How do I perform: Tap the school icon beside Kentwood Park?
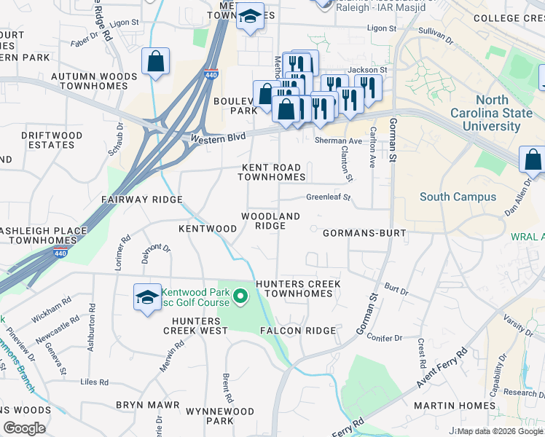tap(147, 298)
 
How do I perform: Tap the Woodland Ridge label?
tap(270, 221)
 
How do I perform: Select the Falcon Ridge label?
tap(298, 331)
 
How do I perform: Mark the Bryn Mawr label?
tap(147, 404)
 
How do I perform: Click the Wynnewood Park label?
tap(219, 416)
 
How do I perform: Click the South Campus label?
tap(458, 197)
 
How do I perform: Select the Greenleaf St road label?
tap(328, 197)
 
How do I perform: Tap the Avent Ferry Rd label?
tap(441, 369)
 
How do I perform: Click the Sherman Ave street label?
tap(338, 141)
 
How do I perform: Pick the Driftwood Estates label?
tap(47, 140)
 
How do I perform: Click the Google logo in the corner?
tap(24, 428)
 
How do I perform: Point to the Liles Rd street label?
tap(95, 382)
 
